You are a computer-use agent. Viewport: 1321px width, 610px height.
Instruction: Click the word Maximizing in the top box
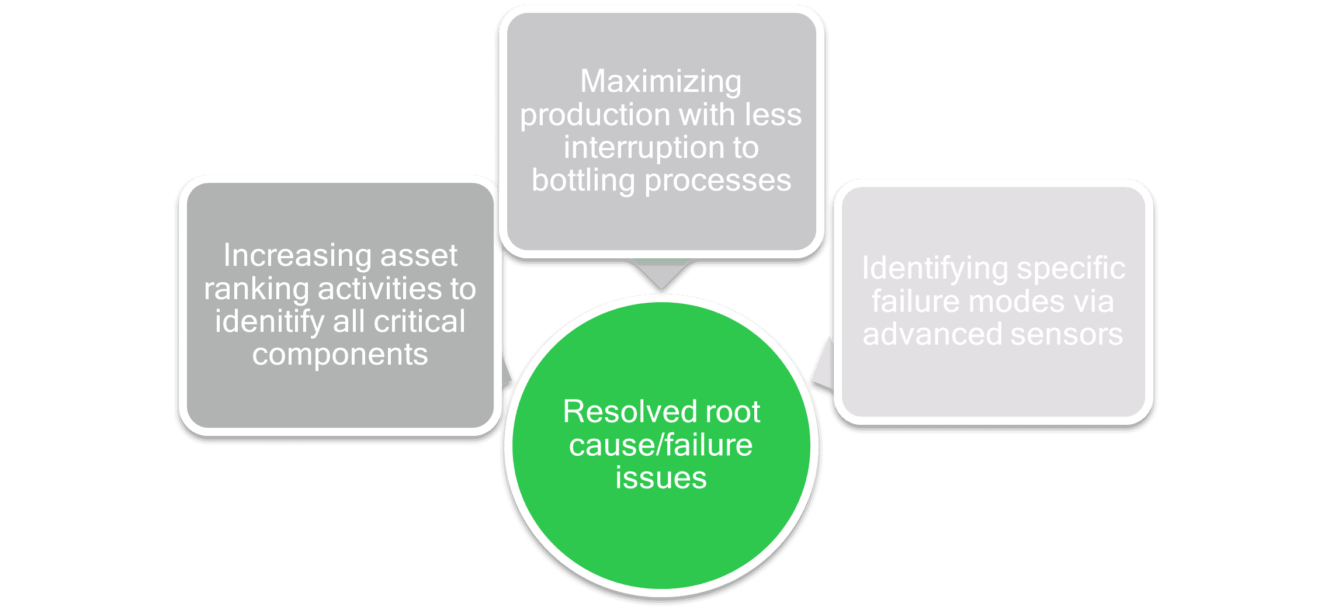click(661, 82)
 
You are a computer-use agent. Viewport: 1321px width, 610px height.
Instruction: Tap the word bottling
click(583, 180)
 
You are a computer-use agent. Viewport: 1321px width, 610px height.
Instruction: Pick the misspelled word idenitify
click(269, 322)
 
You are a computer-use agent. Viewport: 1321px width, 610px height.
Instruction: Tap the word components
click(340, 355)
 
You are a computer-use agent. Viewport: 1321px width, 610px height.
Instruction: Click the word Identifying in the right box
click(935, 269)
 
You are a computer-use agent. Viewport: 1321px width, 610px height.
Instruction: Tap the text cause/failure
click(661, 445)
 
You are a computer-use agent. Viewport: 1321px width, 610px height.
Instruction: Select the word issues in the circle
click(661, 478)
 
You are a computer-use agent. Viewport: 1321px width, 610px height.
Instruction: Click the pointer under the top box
click(661, 272)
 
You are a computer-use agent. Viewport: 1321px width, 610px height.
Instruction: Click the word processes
click(717, 180)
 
